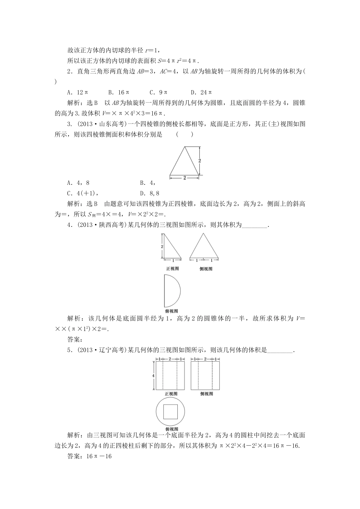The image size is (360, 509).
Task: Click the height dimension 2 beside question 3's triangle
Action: click(200, 161)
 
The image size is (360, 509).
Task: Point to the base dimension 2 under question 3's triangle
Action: click(184, 177)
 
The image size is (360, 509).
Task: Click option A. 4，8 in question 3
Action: click(78, 183)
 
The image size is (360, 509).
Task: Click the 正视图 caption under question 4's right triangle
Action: click(172, 269)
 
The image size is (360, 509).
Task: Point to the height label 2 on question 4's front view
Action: click(162, 247)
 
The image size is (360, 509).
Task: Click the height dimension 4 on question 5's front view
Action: click(153, 375)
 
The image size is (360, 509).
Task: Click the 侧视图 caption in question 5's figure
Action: click(207, 394)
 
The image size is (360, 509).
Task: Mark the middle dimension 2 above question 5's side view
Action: click(205, 358)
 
